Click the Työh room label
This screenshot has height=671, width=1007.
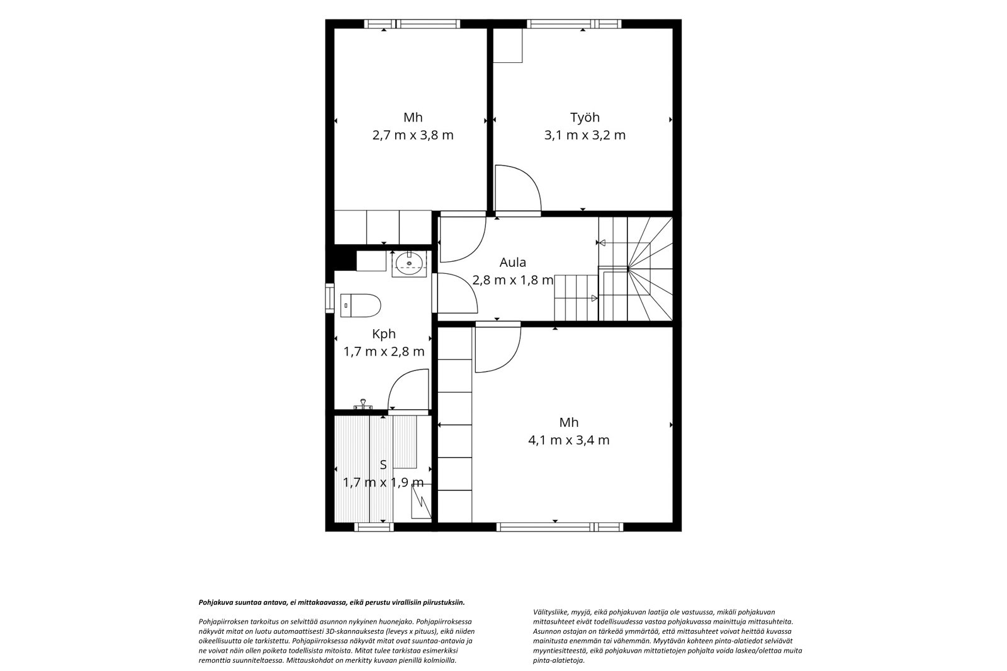[x=585, y=118]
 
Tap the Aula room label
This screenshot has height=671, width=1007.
[x=512, y=262]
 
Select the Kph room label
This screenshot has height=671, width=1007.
[x=384, y=334]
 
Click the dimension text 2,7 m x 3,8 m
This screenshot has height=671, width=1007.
[x=413, y=135]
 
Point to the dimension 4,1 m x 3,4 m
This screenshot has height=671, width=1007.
[x=569, y=440]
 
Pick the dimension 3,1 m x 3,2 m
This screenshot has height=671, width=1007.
[x=585, y=135]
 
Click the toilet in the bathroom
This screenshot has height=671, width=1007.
[x=361, y=305]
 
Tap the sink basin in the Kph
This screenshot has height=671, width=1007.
[x=409, y=264]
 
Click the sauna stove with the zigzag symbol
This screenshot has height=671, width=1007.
[x=421, y=501]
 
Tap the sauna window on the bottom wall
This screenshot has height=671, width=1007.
[x=374, y=527]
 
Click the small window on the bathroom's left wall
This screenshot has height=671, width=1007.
[x=330, y=298]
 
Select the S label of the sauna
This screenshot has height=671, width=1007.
[x=383, y=465]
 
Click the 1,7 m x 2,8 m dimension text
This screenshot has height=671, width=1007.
[x=384, y=351]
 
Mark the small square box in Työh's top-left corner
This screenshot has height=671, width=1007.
[x=507, y=45]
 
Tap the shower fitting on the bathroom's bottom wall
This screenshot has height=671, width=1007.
[x=363, y=404]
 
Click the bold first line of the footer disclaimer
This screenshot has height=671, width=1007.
[x=332, y=602]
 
